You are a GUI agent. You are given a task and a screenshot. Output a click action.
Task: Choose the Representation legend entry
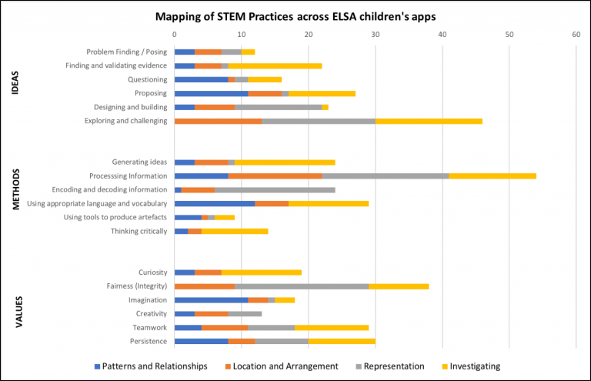click(x=393, y=366)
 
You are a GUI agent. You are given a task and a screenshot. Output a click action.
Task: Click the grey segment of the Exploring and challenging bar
click(x=319, y=121)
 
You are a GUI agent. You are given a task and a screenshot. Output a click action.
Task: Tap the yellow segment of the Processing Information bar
click(x=492, y=175)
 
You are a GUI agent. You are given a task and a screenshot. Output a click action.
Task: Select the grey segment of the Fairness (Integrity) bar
click(x=302, y=286)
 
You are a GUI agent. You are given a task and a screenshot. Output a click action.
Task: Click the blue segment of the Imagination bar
click(x=211, y=299)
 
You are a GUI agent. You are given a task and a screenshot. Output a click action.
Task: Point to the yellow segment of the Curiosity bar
click(x=262, y=272)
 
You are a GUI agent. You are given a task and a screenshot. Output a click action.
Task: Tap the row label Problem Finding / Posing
click(x=126, y=52)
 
